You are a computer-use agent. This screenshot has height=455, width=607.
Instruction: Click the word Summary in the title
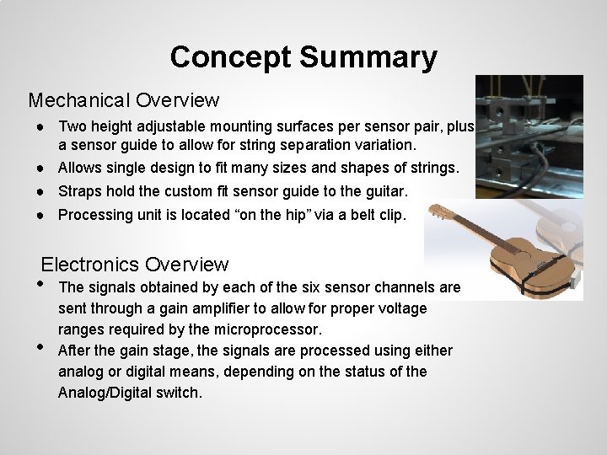(368, 57)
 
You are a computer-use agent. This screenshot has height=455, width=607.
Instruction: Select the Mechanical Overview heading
(124, 100)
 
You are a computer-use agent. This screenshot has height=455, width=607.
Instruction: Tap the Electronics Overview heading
(135, 265)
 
